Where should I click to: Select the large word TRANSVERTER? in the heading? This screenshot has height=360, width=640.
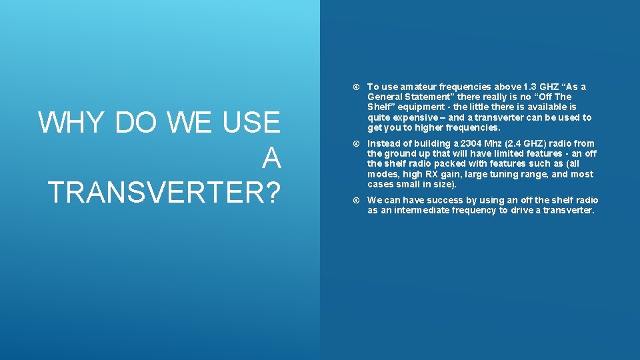[x=164, y=193]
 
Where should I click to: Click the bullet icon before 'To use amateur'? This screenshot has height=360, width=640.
[x=357, y=87]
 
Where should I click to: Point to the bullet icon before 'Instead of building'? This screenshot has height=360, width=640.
[x=357, y=144]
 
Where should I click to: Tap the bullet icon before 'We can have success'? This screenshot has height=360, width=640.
[x=357, y=201]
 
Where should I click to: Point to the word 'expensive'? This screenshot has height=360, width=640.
[x=412, y=117]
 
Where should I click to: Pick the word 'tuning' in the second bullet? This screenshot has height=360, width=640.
[x=501, y=174]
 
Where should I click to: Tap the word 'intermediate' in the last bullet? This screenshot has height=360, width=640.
[x=431, y=210]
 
